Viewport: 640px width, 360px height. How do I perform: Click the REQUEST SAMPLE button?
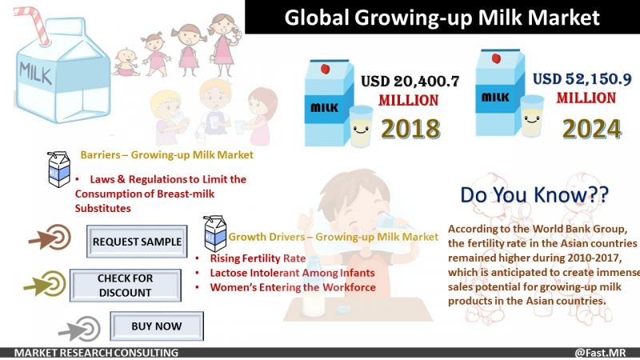point(137,242)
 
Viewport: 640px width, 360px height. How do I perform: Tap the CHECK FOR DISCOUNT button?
point(126,286)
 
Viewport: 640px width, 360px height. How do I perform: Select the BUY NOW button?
point(157,326)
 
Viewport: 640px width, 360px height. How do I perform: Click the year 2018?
point(410,129)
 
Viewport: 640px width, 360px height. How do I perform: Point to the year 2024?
point(592,130)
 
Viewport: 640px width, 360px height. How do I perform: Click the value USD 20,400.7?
point(410,82)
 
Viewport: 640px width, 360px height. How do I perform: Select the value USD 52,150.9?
point(582,78)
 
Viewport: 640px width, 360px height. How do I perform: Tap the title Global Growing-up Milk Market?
point(442,18)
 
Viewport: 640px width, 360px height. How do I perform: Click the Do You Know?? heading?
point(534,194)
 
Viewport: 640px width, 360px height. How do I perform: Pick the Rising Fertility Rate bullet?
point(258,258)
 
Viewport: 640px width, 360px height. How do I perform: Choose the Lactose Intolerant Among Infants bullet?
point(292,273)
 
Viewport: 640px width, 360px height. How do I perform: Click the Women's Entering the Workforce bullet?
point(293,287)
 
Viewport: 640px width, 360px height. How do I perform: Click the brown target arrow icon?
point(50,237)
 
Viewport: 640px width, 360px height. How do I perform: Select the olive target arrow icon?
point(45,283)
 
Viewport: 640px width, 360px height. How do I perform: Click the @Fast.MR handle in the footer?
point(600,353)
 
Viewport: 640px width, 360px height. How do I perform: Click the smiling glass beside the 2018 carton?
point(362,126)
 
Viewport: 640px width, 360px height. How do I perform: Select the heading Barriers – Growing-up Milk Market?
point(167,154)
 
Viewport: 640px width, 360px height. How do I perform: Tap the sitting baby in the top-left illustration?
point(126,62)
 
